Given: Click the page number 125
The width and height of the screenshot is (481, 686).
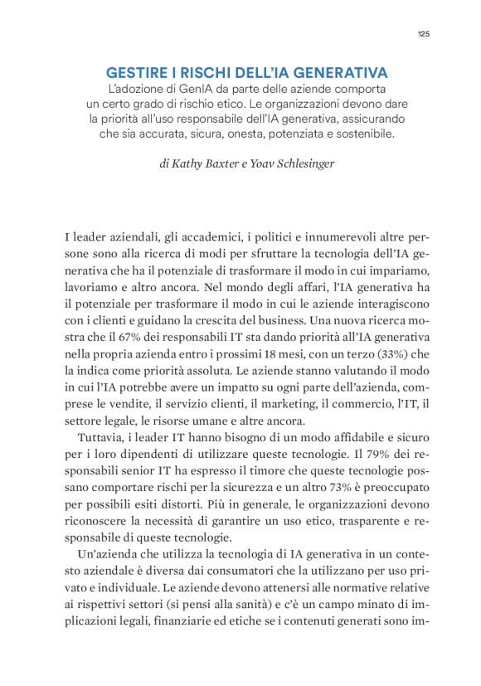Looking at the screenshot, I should pyautogui.click(x=422, y=33).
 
